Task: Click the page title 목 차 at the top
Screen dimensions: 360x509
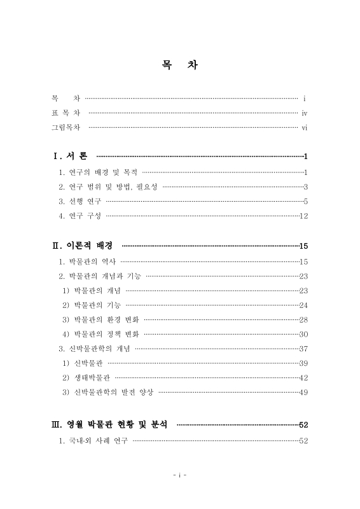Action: pyautogui.click(x=180, y=66)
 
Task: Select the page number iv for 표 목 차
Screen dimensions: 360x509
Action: pyautogui.click(x=305, y=113)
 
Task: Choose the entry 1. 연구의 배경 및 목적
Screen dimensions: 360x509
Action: pyautogui.click(x=98, y=172)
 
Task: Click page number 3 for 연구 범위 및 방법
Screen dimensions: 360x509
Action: pyautogui.click(x=306, y=186)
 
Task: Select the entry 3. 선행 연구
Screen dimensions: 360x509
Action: pyautogui.click(x=80, y=201)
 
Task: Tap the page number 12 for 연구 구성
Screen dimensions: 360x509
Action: pyautogui.click(x=303, y=216)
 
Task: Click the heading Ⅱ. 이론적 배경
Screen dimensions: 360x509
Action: pyautogui.click(x=82, y=246)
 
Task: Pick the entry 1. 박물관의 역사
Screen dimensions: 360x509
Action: pyautogui.click(x=87, y=261)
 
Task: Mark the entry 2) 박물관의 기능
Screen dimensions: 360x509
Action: pyautogui.click(x=92, y=305)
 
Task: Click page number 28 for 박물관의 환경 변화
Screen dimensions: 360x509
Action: pyautogui.click(x=303, y=319)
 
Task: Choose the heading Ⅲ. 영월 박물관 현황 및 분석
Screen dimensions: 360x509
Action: pyautogui.click(x=109, y=424)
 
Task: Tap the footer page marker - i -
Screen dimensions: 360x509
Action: pyautogui.click(x=180, y=474)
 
